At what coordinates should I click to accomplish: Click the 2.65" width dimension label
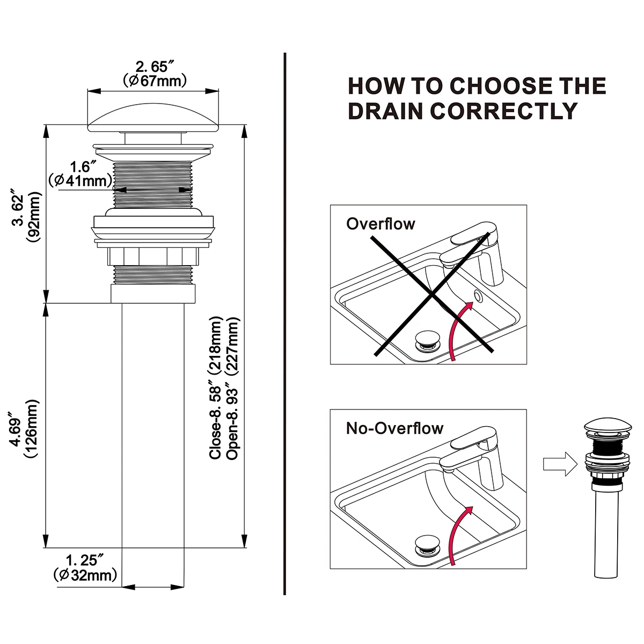(155, 67)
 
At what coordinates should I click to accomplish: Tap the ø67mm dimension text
(155, 81)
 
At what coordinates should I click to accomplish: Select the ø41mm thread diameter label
(80, 180)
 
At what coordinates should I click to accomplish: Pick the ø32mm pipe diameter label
(85, 575)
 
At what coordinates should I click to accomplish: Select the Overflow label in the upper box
(380, 223)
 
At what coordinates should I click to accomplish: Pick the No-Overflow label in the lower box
(394, 428)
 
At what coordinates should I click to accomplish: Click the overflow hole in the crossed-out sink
(478, 296)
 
